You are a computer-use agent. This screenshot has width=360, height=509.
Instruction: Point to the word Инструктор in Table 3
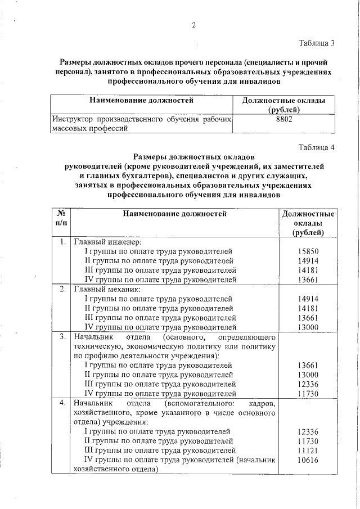(73, 119)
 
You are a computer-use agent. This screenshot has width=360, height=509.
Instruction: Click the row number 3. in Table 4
(63, 337)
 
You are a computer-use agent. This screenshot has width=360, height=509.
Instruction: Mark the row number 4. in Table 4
(63, 403)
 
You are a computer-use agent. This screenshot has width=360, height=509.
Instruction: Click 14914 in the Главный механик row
(308, 299)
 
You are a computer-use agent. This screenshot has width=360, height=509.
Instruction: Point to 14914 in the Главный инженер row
(308, 260)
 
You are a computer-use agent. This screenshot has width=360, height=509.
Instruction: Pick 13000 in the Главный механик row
(308, 327)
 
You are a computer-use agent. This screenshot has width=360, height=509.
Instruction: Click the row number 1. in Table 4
(63, 242)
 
